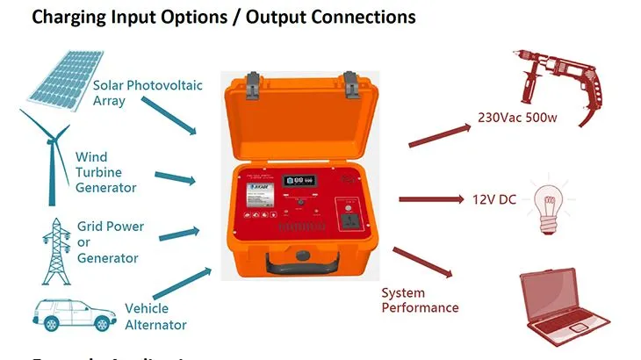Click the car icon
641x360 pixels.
[71, 314]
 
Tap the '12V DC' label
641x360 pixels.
[495, 199]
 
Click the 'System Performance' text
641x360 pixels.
[420, 300]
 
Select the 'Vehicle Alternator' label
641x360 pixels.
[156, 317]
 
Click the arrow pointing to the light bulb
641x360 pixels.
[430, 199]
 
